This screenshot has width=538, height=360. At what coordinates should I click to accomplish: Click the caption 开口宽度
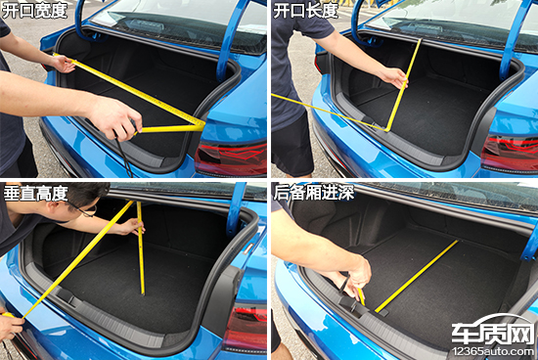click(34, 11)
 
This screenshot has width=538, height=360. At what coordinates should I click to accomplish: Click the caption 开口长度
click(306, 11)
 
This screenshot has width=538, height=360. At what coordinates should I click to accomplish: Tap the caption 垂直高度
click(35, 194)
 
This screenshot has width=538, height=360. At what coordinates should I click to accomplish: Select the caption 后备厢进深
click(313, 193)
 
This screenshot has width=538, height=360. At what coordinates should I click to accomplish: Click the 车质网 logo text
click(493, 334)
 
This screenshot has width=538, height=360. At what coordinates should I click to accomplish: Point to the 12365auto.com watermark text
click(493, 352)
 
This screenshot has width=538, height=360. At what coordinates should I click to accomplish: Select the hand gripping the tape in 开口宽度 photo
click(115, 118)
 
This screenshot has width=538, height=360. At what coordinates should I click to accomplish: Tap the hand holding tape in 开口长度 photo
click(393, 77)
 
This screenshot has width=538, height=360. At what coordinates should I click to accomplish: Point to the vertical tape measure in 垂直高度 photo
click(141, 247)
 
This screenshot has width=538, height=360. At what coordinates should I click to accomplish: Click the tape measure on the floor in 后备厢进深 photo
click(417, 276)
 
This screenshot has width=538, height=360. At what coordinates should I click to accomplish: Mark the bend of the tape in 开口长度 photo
click(386, 130)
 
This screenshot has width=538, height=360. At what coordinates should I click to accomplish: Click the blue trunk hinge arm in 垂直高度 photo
click(237, 209)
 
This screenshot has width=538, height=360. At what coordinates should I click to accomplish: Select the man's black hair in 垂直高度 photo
click(87, 194)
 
